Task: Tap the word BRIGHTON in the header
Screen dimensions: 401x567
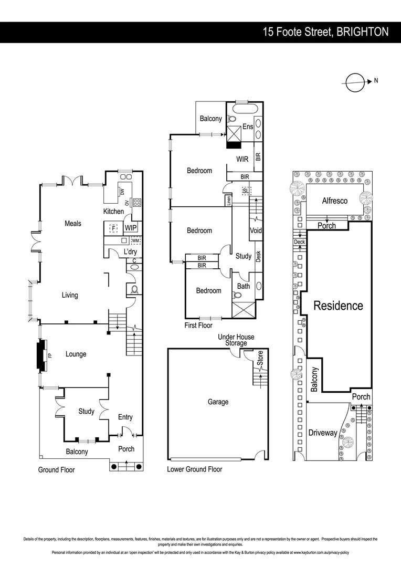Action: (x=363, y=32)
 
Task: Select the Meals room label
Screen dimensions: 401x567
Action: (x=73, y=223)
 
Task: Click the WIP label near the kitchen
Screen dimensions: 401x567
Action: (x=131, y=228)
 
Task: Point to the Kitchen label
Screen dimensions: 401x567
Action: (x=113, y=212)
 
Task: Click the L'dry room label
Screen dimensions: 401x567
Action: (x=130, y=252)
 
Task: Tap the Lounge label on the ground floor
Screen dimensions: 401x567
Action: (x=76, y=354)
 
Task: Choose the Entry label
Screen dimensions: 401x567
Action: (x=125, y=417)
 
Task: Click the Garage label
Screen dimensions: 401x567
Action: (x=218, y=402)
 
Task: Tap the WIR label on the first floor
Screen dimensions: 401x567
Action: (x=242, y=159)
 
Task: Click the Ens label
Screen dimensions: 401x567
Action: (x=248, y=127)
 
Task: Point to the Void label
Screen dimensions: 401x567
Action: (x=256, y=230)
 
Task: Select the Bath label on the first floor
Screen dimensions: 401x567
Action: (x=244, y=286)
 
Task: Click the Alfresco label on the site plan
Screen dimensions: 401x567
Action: (x=334, y=201)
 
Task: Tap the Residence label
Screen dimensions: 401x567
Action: (x=338, y=306)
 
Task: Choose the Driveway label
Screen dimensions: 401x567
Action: (x=322, y=433)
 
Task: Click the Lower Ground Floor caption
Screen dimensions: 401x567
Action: (x=194, y=469)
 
